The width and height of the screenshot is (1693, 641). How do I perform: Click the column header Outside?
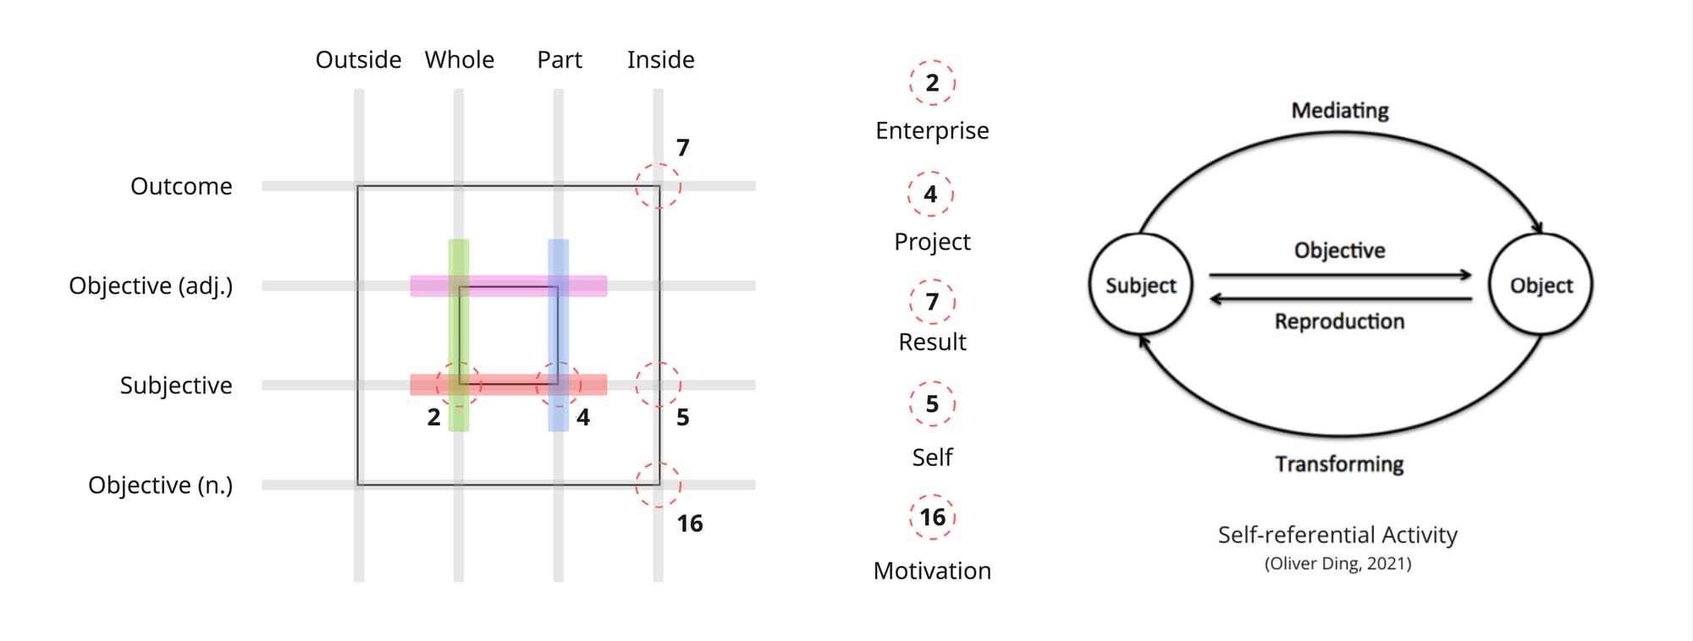click(x=358, y=60)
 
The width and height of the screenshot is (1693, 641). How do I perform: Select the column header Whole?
click(x=459, y=60)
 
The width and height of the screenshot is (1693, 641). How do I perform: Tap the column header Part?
click(x=560, y=60)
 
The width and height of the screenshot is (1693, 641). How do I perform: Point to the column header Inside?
click(x=660, y=60)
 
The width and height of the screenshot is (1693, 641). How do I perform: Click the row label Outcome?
click(x=181, y=186)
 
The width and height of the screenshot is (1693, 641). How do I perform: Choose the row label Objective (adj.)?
click(x=151, y=286)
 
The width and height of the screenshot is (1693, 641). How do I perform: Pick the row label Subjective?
click(x=176, y=386)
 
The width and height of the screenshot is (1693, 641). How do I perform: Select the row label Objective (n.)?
click(x=160, y=485)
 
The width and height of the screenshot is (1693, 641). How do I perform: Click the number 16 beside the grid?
click(x=690, y=523)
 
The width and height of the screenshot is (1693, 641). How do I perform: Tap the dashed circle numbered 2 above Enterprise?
click(x=932, y=83)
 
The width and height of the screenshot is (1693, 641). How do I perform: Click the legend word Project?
click(x=932, y=242)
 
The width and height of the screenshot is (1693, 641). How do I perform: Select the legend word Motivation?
click(x=932, y=571)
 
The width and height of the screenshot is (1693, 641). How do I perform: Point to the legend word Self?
click(x=932, y=457)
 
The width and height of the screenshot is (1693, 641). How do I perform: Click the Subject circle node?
click(x=1140, y=285)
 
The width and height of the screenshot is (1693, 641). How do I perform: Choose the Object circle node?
click(x=1541, y=285)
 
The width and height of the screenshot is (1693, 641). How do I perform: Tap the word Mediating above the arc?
click(x=1340, y=111)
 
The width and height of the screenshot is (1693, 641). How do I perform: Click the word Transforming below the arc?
click(x=1339, y=464)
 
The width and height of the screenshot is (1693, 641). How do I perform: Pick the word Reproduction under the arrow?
click(x=1339, y=321)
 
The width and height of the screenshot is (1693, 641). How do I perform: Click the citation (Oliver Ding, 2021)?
click(x=1337, y=563)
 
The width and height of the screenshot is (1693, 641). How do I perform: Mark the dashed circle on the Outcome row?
click(x=658, y=186)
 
